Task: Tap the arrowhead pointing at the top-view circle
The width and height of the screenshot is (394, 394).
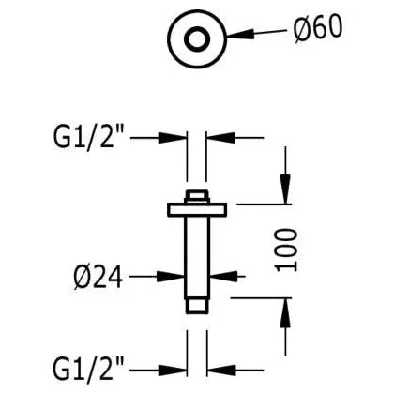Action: click(x=240, y=34)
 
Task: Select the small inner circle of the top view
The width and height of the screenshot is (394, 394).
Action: click(x=197, y=38)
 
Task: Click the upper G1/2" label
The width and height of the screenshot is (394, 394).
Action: click(x=89, y=138)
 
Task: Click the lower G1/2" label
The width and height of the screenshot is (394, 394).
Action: click(x=88, y=370)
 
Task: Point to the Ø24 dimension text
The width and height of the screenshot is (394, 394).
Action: click(x=98, y=277)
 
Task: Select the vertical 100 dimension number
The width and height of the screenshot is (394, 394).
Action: click(x=285, y=250)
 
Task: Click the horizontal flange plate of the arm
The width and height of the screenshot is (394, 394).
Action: click(x=197, y=209)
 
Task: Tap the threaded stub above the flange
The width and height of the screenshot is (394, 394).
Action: click(x=197, y=196)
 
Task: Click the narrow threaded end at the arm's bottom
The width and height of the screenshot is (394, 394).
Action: click(x=197, y=307)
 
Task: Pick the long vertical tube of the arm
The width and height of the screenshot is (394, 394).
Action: click(x=197, y=258)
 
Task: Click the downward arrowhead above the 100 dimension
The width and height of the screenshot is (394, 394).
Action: click(x=285, y=189)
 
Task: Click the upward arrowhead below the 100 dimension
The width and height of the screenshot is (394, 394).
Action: click(x=285, y=313)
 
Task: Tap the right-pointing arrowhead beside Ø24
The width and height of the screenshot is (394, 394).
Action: click(x=170, y=277)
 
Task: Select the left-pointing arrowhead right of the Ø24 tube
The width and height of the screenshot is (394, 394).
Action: click(x=223, y=277)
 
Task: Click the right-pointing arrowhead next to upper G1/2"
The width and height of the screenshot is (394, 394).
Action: click(x=173, y=138)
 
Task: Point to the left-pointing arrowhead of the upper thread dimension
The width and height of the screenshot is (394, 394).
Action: click(x=220, y=138)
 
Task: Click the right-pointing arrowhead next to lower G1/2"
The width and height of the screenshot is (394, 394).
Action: click(x=173, y=371)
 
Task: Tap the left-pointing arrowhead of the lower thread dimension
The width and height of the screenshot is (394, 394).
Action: click(x=221, y=371)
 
